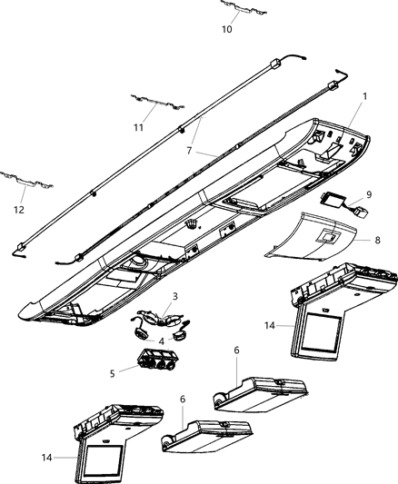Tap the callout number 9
368,194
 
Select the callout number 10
227,29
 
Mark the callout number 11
139,127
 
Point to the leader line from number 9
357,197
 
